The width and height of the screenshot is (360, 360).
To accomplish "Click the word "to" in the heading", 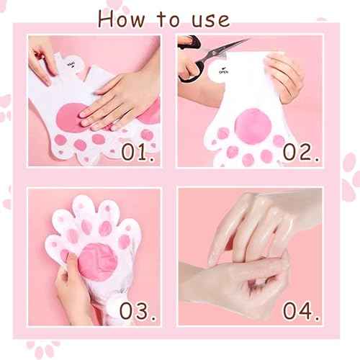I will pos(161,18).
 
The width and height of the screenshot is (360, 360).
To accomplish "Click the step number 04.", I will pos(298,310).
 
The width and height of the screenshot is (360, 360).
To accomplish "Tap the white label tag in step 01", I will pos(80,65).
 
